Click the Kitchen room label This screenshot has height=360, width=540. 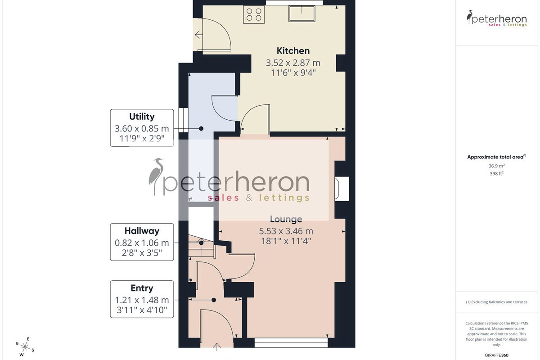293,51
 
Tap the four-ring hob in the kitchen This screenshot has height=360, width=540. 254,14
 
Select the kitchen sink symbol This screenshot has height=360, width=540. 302,13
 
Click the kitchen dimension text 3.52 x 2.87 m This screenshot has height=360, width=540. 293,63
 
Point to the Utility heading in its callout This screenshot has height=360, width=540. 142,117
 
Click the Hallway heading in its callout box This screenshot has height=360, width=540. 142,231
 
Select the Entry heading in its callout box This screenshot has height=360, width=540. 142,288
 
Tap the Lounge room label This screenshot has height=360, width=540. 286,219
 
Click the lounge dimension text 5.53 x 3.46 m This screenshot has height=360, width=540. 286,231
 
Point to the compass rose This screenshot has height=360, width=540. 25,347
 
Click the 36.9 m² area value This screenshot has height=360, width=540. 496,166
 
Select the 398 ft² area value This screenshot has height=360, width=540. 496,174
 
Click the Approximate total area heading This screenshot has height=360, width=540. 496,157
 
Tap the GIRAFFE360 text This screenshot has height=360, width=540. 496,355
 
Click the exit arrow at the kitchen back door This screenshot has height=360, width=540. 198,35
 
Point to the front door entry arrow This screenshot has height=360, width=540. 217,347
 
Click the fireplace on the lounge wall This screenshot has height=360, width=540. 342,189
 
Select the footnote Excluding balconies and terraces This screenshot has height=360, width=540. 496,302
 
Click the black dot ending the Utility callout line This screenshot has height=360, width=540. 201,129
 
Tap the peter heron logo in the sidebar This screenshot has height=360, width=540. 496,18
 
